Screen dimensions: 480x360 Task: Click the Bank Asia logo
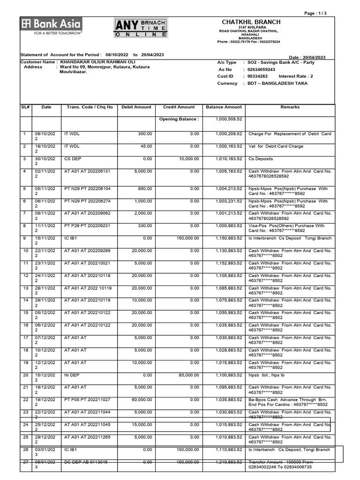click(51, 26)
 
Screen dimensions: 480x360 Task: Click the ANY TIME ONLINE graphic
click(141, 28)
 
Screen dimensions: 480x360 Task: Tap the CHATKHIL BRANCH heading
click(251, 22)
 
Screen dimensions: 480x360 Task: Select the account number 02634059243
click(262, 69)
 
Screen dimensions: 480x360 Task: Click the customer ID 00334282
click(257, 76)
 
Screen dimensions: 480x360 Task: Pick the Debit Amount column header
click(136, 107)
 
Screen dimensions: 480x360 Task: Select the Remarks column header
click(290, 107)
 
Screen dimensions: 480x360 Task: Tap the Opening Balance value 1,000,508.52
click(229, 119)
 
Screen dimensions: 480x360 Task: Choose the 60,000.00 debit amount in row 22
click(142, 400)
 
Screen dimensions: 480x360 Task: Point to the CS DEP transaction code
click(73, 158)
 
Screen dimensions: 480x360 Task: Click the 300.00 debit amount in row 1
click(145, 134)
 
